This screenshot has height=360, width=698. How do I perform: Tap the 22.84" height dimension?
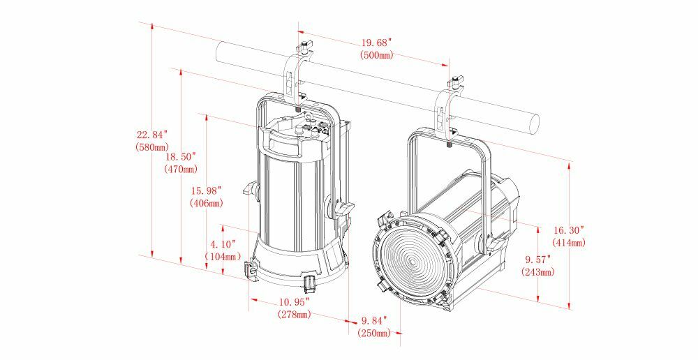pos(152,135)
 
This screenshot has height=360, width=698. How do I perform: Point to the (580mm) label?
pos(152,147)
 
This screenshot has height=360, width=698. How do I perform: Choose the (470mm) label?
pos(181,169)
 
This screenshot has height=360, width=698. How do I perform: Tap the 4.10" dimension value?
pos(223,244)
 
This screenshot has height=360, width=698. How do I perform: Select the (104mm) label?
pos(223,257)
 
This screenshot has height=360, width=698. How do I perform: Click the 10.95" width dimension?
pos(294,303)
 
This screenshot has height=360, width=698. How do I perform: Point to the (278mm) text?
pos(294,315)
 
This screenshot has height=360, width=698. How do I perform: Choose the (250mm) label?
pos(374,333)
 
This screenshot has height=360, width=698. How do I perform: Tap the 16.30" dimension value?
pos(569,230)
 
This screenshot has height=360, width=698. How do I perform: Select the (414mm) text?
pos(569,242)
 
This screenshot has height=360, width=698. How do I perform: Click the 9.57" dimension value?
pos(537,259)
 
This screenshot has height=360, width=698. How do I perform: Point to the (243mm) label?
pos(537,271)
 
